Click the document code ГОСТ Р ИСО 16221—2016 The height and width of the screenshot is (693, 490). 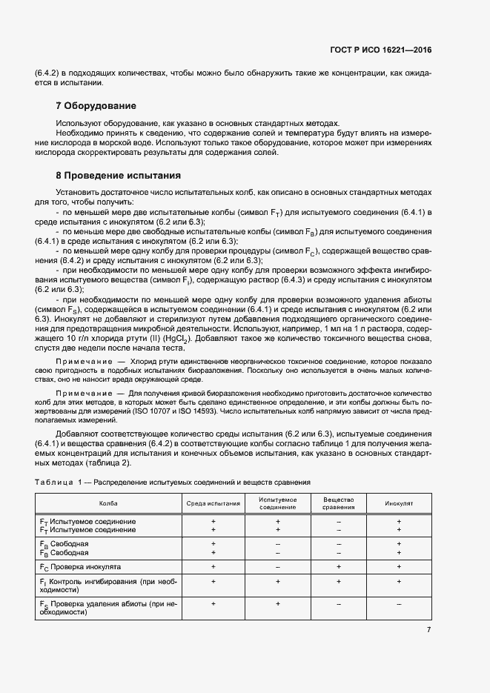point(380,49)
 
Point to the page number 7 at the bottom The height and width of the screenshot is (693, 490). point(428,630)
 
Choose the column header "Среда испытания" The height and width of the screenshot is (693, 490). point(213,503)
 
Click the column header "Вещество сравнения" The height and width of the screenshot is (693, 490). point(338,503)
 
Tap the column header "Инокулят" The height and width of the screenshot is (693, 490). point(398,503)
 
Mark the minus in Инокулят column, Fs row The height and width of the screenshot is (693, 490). point(398,604)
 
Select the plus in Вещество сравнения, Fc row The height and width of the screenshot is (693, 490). point(338,566)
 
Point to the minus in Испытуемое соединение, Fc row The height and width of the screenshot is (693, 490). point(278,566)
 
